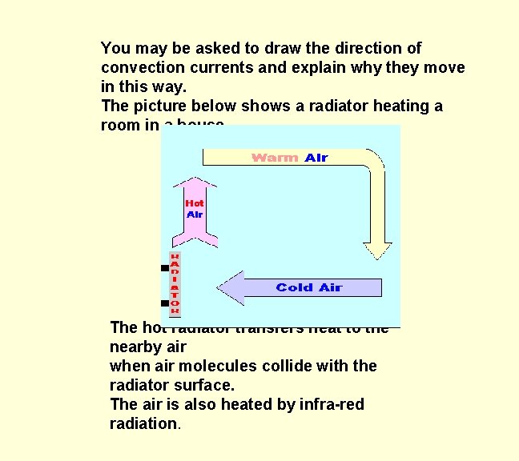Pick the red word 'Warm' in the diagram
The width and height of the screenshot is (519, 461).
(x=275, y=158)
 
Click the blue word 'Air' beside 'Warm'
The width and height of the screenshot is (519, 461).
(x=316, y=158)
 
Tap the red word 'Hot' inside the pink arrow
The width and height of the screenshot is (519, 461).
(x=194, y=203)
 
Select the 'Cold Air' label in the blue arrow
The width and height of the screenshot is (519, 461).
(x=308, y=287)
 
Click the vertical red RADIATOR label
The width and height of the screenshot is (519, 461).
(x=175, y=283)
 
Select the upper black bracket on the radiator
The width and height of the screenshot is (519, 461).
(x=164, y=268)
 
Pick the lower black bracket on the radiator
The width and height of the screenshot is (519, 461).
(x=164, y=303)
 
